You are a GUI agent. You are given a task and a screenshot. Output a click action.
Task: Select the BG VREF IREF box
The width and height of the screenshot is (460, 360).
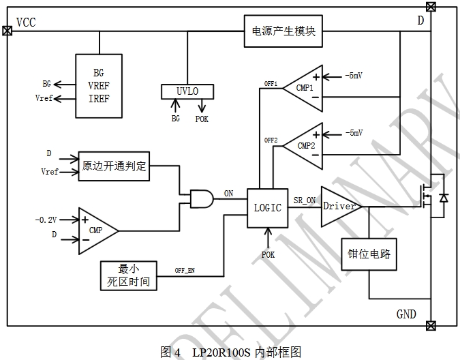pyautogui.click(x=99, y=86)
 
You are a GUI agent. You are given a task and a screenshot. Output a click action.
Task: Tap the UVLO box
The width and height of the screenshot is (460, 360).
pyautogui.click(x=187, y=91)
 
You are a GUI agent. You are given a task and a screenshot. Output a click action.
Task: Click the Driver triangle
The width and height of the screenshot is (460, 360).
pyautogui.click(x=339, y=206)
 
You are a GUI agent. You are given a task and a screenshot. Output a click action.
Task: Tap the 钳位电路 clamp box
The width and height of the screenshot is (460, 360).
pyautogui.click(x=369, y=256)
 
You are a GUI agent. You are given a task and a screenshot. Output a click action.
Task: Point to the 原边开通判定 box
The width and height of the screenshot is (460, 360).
pyautogui.click(x=114, y=166)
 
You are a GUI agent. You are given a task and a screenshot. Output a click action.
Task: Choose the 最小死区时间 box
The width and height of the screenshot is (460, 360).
pyautogui.click(x=129, y=273)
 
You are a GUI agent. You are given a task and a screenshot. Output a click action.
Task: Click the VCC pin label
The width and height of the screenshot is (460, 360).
pyautogui.click(x=25, y=22)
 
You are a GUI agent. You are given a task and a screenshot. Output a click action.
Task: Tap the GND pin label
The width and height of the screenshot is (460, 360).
pyautogui.click(x=406, y=314)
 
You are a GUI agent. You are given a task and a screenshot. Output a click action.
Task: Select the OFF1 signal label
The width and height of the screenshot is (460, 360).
pyautogui.click(x=271, y=84)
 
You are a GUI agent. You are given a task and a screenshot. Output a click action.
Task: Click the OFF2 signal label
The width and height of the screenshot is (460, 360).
pyautogui.click(x=271, y=140)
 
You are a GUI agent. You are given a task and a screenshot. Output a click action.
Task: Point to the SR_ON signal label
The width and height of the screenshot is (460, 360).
pyautogui.click(x=305, y=200)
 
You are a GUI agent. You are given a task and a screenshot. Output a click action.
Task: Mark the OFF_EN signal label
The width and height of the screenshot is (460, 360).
pyautogui.click(x=185, y=271)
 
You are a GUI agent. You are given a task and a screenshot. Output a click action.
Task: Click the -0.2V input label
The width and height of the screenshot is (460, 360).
pyautogui.click(x=46, y=220)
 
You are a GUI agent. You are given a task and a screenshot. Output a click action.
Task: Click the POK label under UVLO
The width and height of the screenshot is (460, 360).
pyautogui.click(x=202, y=119)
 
